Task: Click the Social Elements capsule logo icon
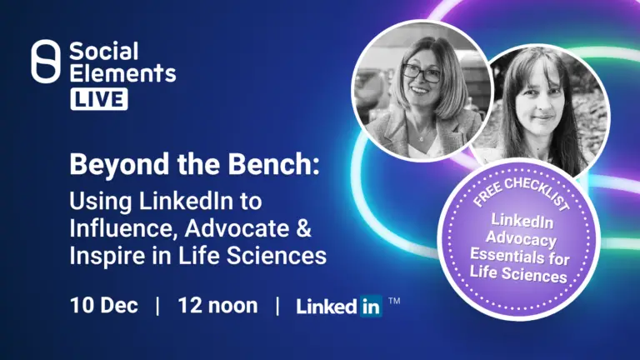point(46,62)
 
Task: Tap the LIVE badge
point(99,99)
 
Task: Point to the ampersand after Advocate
point(303,228)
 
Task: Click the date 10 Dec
point(103,305)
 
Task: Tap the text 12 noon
point(217,305)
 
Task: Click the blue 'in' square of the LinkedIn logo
point(371,306)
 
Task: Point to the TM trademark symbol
point(394,301)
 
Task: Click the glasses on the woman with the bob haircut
point(421,73)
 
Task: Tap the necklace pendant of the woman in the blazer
point(421,139)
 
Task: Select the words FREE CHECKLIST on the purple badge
point(521,192)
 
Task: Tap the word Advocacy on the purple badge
point(521,238)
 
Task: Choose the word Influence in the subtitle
point(124,228)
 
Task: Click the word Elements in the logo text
point(122,72)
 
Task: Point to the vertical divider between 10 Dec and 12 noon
point(158,306)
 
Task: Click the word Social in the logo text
point(104,52)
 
